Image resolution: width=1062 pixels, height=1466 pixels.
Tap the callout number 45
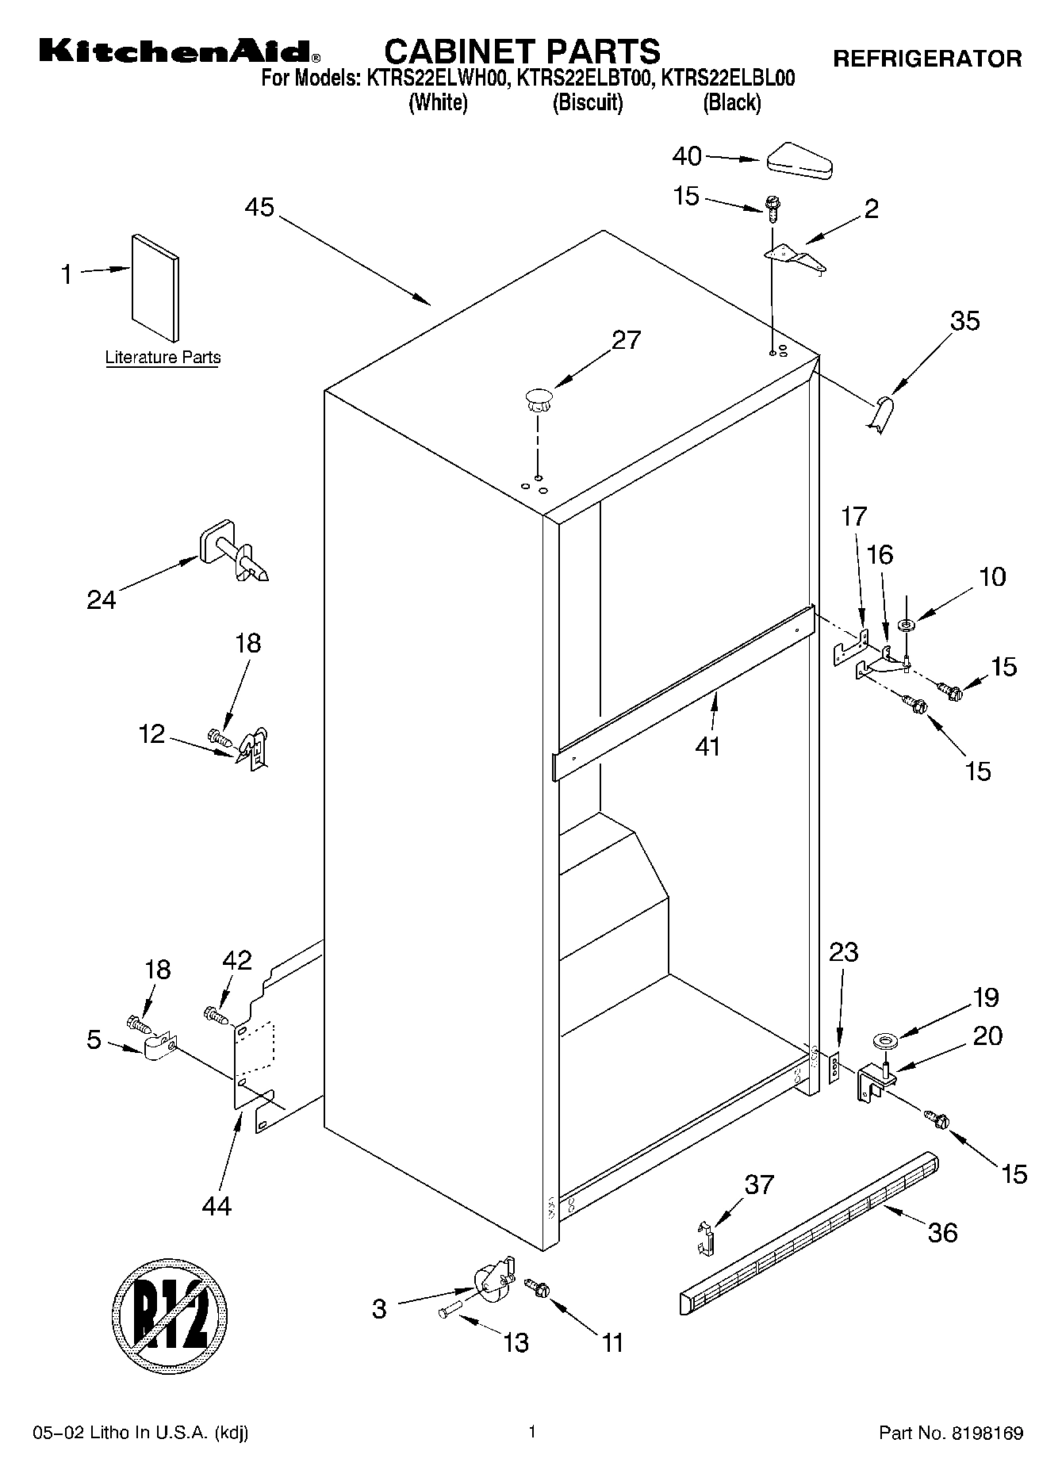259,208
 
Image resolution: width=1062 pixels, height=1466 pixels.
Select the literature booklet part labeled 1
155,287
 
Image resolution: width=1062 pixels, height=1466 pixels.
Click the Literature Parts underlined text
163,358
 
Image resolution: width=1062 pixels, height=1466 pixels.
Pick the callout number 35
964,321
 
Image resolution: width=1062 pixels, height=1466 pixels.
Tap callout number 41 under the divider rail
707,746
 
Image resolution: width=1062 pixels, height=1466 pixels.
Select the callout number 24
102,599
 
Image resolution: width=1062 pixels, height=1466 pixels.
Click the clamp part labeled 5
159,1047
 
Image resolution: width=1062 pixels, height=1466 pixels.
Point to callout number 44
217,1206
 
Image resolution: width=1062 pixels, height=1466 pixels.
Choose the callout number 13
516,1342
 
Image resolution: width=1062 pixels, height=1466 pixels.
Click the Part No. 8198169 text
950,1433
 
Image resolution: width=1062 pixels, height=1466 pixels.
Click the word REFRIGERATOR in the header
926,59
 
